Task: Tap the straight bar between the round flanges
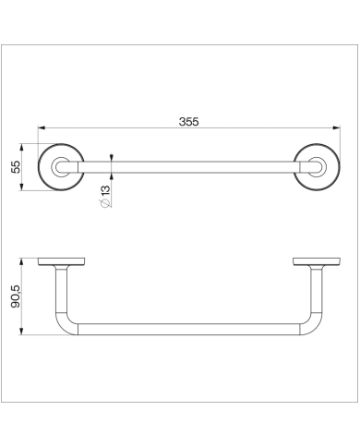coord(189,167)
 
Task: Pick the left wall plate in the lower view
coord(61,261)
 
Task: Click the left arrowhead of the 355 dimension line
coord(42,130)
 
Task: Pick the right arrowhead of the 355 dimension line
coord(335,130)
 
